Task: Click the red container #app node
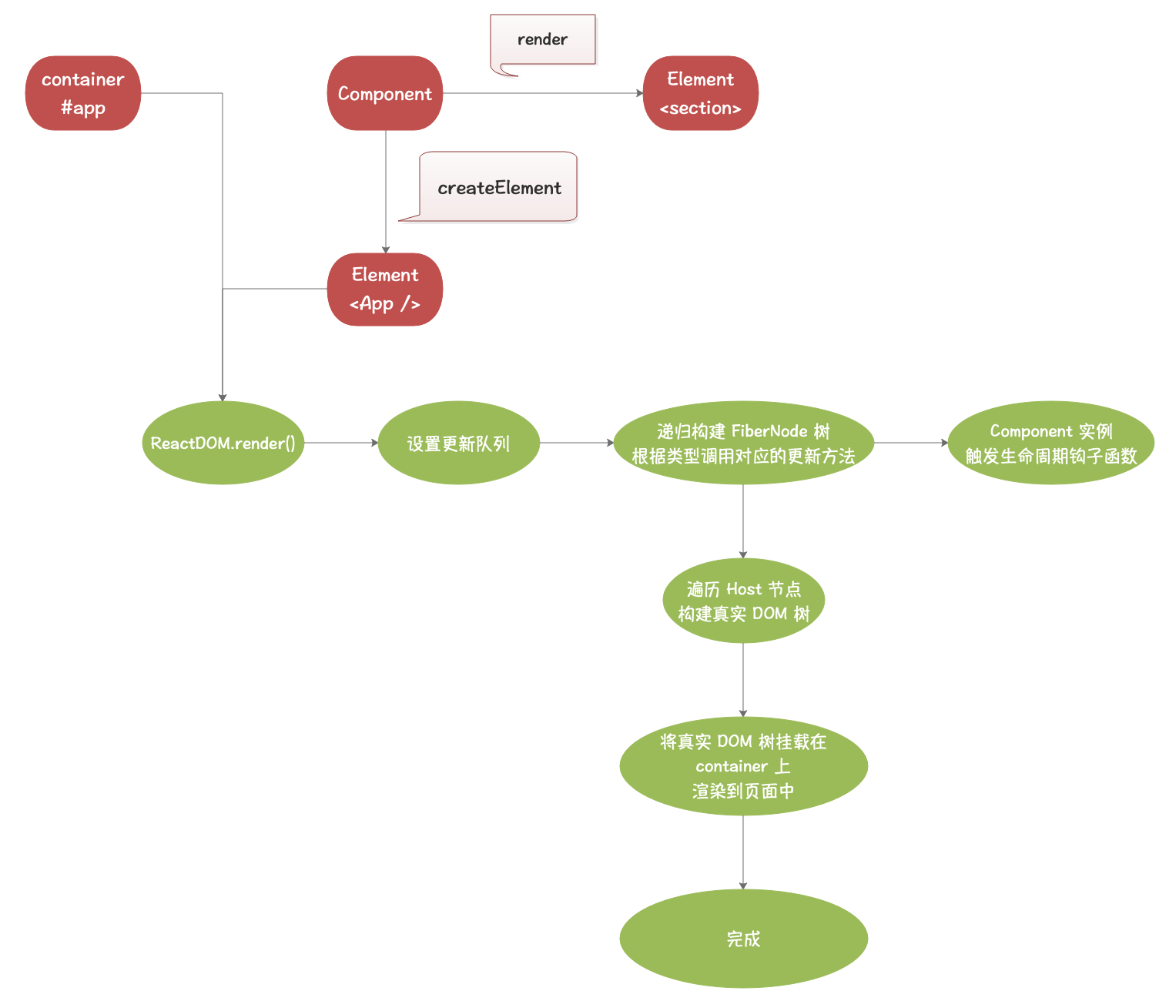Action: point(83,93)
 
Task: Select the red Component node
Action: point(385,93)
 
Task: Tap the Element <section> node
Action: point(700,93)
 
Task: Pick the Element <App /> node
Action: point(385,290)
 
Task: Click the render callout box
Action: point(543,39)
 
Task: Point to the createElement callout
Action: point(499,187)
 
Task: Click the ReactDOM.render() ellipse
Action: point(223,443)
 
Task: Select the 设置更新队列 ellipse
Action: point(458,443)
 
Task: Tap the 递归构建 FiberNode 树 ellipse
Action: point(743,443)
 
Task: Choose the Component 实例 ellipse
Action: point(1050,443)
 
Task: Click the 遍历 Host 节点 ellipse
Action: point(743,601)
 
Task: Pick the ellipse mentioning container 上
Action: point(743,766)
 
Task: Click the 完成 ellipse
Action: point(743,939)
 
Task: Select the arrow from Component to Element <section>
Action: point(543,93)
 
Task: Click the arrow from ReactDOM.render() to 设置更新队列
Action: point(341,443)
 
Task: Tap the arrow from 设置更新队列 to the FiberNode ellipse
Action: point(576,443)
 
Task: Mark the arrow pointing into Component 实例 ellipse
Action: point(911,443)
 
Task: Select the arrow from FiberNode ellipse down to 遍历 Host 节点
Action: point(743,521)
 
